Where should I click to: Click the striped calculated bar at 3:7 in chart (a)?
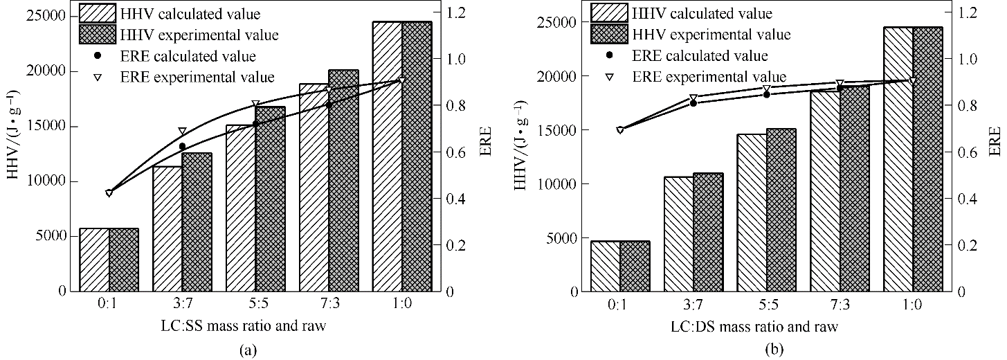tap(167, 228)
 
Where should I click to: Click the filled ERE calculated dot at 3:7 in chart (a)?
tap(182, 147)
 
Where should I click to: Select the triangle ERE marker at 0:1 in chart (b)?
tap(620, 130)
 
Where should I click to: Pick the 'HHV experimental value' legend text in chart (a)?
tap(209, 34)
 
